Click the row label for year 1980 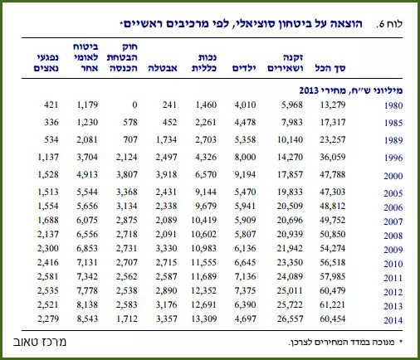pyautogui.click(x=393, y=105)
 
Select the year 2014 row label pyautogui.click(x=393, y=320)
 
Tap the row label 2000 pyautogui.click(x=393, y=176)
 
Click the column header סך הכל pyautogui.click(x=330, y=68)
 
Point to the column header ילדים pyautogui.click(x=244, y=68)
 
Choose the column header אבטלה pyautogui.click(x=163, y=68)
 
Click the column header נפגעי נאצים pyautogui.click(x=46, y=63)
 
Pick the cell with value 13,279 pyautogui.click(x=333, y=105)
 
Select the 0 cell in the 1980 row pyautogui.click(x=134, y=105)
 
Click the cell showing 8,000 pyautogui.click(x=245, y=158)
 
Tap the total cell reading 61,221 pyautogui.click(x=332, y=304)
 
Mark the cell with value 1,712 pyautogui.click(x=127, y=319)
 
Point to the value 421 pyautogui.click(x=51, y=105)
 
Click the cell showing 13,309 pyautogui.click(x=204, y=319)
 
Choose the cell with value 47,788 pyautogui.click(x=333, y=175)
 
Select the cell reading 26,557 pyautogui.click(x=290, y=319)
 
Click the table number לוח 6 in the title pyautogui.click(x=389, y=24)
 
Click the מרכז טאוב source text pyautogui.click(x=40, y=342)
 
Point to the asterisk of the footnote pyautogui.click(x=400, y=341)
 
